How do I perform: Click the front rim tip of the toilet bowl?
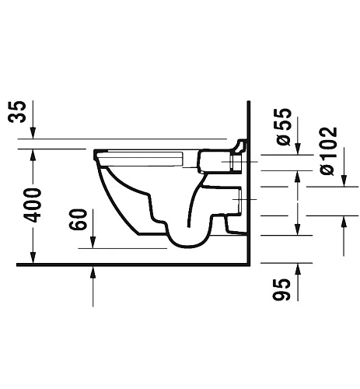coord(96,154)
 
